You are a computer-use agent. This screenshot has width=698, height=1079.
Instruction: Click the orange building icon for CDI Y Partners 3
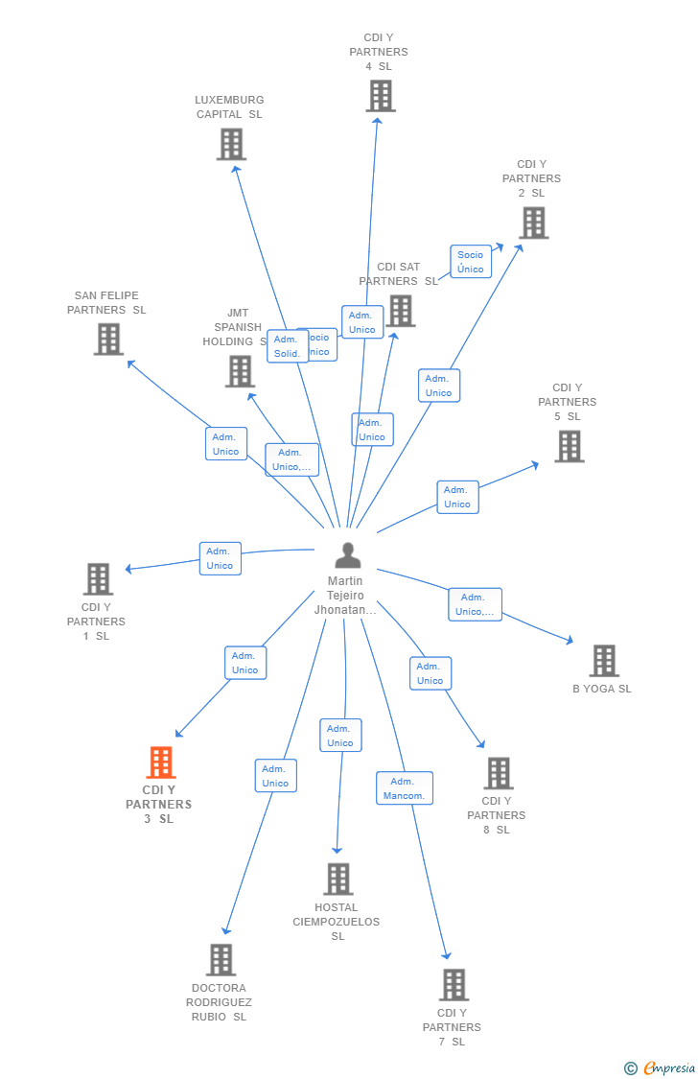click(161, 762)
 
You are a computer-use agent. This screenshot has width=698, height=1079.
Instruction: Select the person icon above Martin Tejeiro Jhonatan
click(347, 555)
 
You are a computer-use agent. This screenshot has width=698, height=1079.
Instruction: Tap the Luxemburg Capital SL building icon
click(231, 144)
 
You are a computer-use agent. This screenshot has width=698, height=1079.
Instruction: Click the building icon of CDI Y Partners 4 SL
click(381, 96)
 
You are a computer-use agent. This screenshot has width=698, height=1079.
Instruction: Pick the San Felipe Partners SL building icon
click(108, 339)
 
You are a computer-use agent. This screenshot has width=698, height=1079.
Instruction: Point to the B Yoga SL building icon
click(603, 661)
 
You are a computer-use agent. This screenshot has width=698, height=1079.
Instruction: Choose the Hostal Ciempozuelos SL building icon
click(337, 879)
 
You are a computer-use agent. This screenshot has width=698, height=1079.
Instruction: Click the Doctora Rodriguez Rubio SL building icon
click(221, 959)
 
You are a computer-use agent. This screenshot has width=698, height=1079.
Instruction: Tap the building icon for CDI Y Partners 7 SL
click(454, 984)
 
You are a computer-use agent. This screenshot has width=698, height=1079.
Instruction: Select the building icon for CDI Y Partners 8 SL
click(499, 773)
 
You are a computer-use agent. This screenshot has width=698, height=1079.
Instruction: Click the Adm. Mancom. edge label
click(405, 788)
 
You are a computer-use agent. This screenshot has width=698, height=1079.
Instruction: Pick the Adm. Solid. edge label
click(287, 346)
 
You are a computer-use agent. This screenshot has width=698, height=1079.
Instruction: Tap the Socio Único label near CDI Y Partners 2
click(471, 262)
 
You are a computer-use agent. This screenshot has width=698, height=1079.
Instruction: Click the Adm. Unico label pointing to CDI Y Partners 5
click(457, 497)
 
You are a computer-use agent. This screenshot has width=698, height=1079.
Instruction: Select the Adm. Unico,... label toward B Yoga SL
click(475, 604)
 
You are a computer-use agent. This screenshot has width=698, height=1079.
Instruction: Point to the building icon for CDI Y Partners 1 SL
click(98, 579)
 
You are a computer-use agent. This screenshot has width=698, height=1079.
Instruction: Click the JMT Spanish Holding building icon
click(240, 371)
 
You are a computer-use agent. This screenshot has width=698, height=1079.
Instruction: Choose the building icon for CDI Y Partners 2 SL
click(533, 223)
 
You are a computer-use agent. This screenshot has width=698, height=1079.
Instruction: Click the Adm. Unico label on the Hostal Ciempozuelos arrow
click(340, 736)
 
